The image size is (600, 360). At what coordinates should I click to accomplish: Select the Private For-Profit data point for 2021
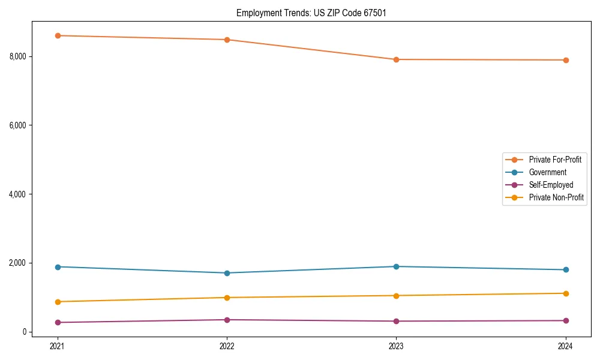(x=58, y=35)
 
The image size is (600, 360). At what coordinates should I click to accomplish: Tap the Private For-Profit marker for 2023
(x=396, y=59)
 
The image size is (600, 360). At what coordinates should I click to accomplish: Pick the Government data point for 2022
(x=227, y=273)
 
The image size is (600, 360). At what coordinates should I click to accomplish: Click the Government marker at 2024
(x=566, y=270)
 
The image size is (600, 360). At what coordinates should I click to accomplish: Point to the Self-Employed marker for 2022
(x=227, y=320)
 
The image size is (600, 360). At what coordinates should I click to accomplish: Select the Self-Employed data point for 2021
(x=58, y=322)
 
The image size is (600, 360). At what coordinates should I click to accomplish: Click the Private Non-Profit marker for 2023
(x=396, y=295)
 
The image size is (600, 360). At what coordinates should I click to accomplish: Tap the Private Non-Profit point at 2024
(x=566, y=293)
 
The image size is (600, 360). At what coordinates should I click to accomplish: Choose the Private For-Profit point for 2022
(x=227, y=40)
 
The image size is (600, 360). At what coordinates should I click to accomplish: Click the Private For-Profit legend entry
(x=554, y=160)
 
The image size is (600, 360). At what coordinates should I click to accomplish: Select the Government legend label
(x=547, y=172)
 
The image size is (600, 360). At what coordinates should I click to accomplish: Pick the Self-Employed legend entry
(x=551, y=185)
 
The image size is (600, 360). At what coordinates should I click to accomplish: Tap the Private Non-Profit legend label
(x=556, y=197)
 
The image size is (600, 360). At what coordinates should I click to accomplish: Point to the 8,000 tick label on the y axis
(x=17, y=56)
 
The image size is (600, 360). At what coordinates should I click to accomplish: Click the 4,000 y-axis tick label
(x=17, y=194)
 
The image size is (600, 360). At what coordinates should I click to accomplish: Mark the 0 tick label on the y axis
(x=25, y=332)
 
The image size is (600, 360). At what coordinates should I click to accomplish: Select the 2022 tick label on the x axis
(x=227, y=346)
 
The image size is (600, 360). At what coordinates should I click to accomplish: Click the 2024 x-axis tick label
(x=566, y=346)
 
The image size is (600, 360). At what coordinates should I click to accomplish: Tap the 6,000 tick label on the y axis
(x=17, y=125)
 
